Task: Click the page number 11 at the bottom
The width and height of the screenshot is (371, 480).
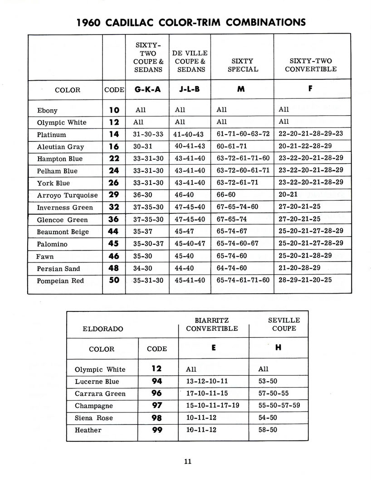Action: [x=188, y=461]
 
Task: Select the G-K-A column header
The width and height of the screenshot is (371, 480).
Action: [x=147, y=89]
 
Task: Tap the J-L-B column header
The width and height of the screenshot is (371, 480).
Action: [x=190, y=89]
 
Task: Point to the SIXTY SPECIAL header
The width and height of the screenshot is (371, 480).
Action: [x=242, y=65]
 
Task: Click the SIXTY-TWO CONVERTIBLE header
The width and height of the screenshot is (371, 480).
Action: [x=311, y=65]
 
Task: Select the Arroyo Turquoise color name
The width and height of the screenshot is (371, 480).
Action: [x=68, y=195]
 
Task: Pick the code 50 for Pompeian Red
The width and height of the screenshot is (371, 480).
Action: [x=114, y=280]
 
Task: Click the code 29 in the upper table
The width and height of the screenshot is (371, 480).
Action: [x=114, y=195]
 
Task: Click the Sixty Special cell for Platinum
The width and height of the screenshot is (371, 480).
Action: [x=243, y=134]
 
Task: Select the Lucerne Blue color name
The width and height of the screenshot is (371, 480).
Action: [x=97, y=382]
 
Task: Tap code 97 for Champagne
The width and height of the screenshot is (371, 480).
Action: [x=156, y=406]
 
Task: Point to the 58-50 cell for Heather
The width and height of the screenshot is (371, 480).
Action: [x=268, y=430]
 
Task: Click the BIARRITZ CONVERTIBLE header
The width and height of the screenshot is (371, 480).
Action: [x=212, y=325]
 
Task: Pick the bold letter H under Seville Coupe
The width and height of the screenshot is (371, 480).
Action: [x=278, y=348]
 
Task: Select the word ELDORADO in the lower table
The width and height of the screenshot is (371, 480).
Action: [x=103, y=329]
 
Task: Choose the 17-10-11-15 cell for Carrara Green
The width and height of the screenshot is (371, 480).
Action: [x=207, y=393]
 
